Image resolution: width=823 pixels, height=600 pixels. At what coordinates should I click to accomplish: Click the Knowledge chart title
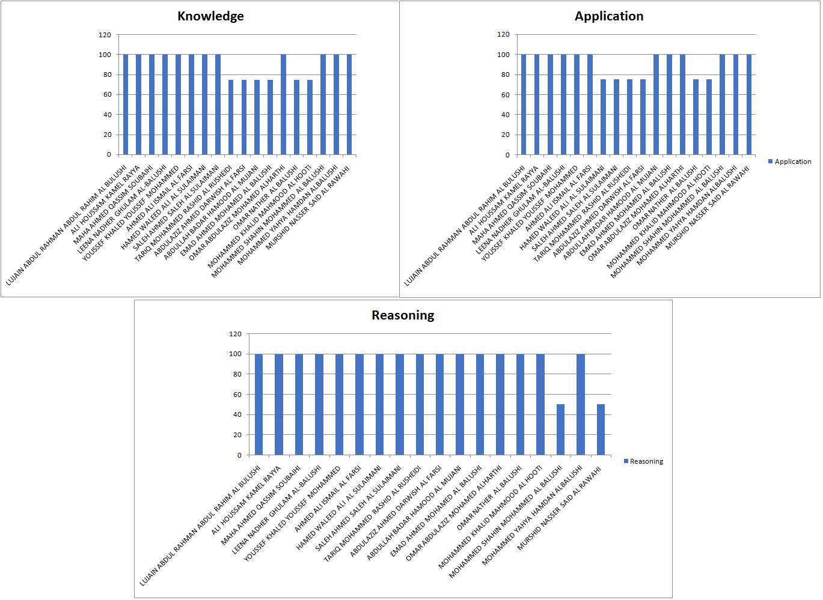click(210, 16)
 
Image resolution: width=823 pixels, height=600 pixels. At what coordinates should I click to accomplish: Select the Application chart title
click(608, 16)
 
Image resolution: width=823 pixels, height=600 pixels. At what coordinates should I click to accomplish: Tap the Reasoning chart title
click(403, 315)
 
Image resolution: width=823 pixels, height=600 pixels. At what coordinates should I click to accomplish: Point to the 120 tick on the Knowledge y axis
click(105, 35)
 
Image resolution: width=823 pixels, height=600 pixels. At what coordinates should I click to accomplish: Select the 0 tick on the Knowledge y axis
click(109, 154)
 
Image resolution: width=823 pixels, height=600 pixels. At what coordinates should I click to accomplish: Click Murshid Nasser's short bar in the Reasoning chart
click(601, 429)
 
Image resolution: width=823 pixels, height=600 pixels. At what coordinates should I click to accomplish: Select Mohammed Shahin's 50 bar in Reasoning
click(560, 429)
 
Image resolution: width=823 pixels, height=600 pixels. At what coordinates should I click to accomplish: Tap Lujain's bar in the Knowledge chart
click(126, 105)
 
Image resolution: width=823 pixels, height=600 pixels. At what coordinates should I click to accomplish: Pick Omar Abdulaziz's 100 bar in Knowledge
click(284, 105)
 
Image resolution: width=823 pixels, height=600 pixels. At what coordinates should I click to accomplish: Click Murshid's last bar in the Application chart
click(749, 105)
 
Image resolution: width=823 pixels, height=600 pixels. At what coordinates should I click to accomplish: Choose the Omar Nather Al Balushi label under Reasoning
click(489, 498)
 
